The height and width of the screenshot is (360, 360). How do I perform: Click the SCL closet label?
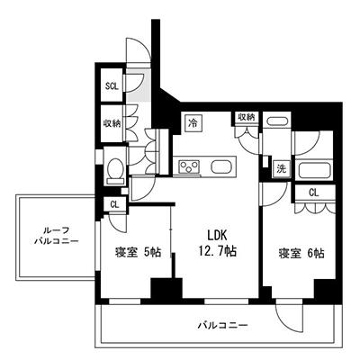click(x=112, y=86)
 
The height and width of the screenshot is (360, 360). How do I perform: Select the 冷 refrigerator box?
click(x=193, y=122)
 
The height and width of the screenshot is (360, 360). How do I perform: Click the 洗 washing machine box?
click(x=282, y=169)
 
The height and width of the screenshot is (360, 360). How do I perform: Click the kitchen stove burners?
click(x=189, y=166)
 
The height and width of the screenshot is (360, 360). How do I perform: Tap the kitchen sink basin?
click(x=220, y=166)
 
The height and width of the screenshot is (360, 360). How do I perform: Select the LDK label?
click(x=217, y=236)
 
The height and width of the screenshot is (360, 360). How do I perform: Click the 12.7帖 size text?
click(x=217, y=251)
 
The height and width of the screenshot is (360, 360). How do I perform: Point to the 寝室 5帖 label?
click(x=139, y=252)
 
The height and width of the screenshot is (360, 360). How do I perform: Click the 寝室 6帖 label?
click(x=301, y=254)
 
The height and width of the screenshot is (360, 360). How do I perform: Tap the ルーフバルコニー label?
click(x=57, y=236)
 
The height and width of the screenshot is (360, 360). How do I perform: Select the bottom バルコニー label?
click(x=222, y=326)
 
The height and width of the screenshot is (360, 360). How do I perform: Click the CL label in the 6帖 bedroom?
click(x=314, y=193)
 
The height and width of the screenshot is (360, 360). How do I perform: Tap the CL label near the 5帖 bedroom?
click(x=114, y=205)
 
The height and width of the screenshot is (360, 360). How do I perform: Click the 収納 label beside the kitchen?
click(x=247, y=117)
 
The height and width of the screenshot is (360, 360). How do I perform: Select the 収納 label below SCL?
click(x=112, y=123)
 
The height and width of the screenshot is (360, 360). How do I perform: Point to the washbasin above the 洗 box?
click(x=277, y=122)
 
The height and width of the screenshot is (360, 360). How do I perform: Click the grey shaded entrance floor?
click(x=139, y=85)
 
